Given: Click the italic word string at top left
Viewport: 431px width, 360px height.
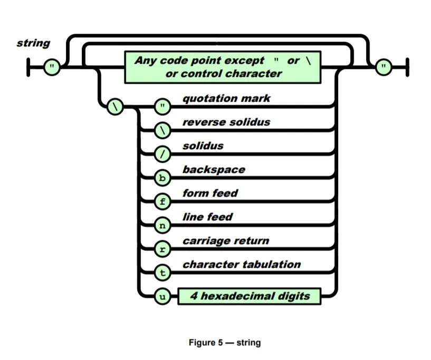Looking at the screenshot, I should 34,43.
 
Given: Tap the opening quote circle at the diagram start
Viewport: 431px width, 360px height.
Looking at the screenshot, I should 51,67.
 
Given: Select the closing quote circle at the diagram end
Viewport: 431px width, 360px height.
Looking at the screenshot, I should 385,67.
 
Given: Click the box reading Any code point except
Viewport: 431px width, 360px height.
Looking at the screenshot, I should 223,67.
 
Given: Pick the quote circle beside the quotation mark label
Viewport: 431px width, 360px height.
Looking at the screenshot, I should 162,106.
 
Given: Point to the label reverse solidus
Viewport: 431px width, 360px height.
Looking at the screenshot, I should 226,122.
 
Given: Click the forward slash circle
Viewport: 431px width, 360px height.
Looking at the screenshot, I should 162,154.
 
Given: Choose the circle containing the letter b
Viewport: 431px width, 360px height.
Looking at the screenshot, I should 162,178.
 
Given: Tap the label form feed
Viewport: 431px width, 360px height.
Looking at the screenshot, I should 210,193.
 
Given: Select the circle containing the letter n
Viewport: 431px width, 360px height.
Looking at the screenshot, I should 162,225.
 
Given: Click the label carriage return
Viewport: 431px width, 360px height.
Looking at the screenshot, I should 226,241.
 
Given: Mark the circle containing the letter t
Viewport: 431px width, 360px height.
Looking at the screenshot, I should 162,273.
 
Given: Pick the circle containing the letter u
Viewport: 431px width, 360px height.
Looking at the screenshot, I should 162,296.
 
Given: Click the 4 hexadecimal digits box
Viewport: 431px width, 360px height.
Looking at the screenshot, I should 250,296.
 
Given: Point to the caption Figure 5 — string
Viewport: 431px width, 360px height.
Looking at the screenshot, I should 225,343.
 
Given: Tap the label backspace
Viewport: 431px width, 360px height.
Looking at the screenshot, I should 214,170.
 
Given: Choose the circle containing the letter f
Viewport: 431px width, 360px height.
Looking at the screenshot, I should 162,201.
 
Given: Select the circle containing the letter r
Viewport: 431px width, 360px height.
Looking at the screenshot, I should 162,249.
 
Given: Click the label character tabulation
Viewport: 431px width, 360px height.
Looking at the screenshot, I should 242,265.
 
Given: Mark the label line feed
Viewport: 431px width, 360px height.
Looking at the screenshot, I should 207,217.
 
